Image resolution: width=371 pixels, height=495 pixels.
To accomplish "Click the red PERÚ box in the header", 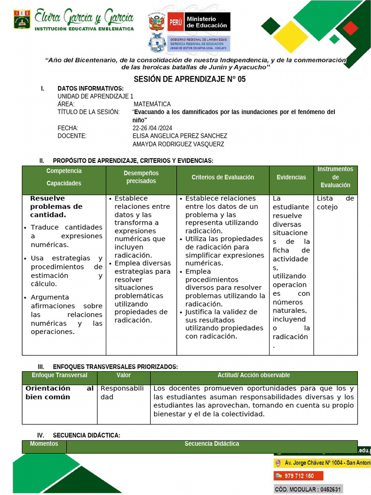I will [x=175, y=22].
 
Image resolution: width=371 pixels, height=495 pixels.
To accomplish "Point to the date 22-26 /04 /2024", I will [x=152, y=128].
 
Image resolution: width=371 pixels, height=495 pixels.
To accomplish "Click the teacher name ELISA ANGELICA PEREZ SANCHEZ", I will [x=180, y=136].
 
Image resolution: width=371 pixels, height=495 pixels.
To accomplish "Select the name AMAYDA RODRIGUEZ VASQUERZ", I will [x=178, y=144].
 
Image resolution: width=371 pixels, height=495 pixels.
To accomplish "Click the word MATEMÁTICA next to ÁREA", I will [x=152, y=104].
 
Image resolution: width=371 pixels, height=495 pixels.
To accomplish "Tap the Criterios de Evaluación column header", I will [x=223, y=177].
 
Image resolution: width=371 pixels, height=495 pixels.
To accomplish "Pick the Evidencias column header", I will [x=291, y=177].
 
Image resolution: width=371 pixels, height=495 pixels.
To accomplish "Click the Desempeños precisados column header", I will [x=141, y=177].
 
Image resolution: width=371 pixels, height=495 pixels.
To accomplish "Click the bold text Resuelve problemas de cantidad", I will [x=56, y=206].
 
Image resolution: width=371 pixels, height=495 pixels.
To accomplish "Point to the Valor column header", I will [x=124, y=375].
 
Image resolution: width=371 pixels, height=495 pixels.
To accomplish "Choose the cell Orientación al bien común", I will [x=59, y=393].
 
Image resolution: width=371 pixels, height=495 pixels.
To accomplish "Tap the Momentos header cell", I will [x=44, y=444].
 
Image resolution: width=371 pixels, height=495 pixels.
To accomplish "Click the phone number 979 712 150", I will [x=299, y=476].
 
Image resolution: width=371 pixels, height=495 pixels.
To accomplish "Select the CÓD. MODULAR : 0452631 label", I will [x=308, y=489].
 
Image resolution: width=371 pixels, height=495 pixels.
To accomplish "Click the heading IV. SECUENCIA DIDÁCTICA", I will [x=80, y=436].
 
